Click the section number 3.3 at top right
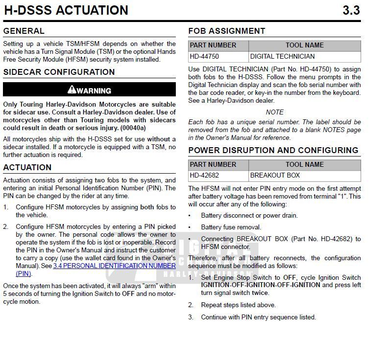(x=351, y=10)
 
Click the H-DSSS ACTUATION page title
(x=66, y=10)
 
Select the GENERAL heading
(x=24, y=31)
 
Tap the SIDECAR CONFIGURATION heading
(x=59, y=72)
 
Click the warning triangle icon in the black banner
(x=72, y=90)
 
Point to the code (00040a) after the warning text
(x=133, y=128)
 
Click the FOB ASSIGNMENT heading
(x=226, y=31)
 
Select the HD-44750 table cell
(x=204, y=56)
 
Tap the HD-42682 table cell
(x=204, y=175)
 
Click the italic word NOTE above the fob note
(x=274, y=112)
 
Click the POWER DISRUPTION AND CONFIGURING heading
(x=273, y=150)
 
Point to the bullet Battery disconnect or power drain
(x=249, y=215)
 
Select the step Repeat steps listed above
(x=238, y=305)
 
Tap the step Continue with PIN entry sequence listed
(x=258, y=317)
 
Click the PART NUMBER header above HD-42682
(x=213, y=164)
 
